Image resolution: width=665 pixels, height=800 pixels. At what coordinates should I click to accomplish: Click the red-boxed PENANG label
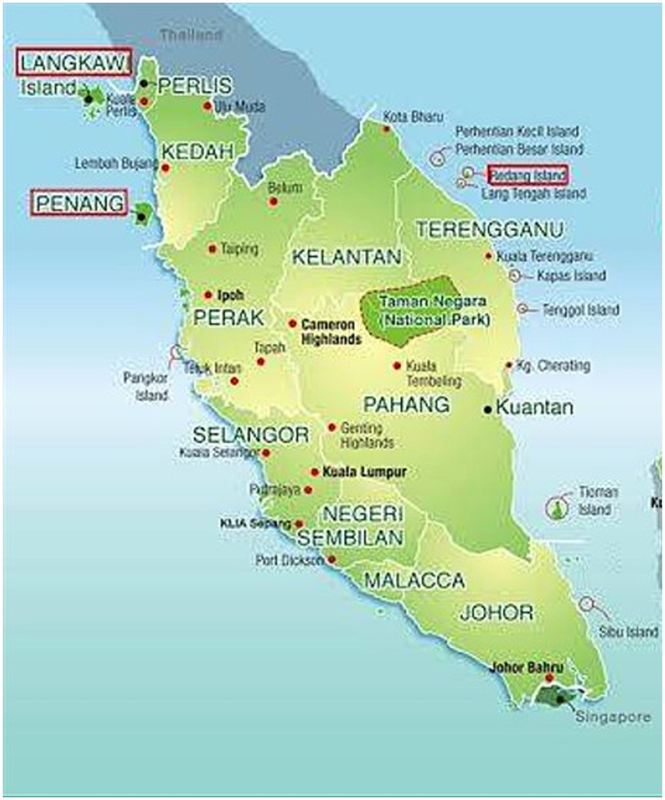[79, 203]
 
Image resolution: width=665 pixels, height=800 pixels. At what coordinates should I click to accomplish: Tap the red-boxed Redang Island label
[528, 175]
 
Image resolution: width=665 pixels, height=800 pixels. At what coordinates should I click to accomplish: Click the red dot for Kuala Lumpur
[315, 472]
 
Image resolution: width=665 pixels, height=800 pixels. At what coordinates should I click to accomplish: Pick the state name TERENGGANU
[490, 229]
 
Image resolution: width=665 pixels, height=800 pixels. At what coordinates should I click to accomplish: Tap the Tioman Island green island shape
[557, 508]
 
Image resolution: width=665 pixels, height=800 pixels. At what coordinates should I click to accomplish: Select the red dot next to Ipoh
[208, 295]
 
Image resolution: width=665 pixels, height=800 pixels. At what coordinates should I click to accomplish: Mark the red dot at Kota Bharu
[386, 130]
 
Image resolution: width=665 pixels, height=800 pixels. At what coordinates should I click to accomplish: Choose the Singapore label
[613, 717]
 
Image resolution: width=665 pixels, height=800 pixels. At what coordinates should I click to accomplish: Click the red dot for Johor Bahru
[549, 678]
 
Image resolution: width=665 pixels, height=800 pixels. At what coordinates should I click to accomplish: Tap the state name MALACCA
[415, 581]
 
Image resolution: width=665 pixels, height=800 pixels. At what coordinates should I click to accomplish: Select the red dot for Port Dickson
[331, 560]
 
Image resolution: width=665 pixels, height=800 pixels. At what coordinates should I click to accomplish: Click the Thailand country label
[191, 35]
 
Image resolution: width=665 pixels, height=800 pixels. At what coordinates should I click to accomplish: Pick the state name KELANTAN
[346, 257]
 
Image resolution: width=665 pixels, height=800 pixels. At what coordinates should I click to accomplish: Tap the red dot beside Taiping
[212, 249]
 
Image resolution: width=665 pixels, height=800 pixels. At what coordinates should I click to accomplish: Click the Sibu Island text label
[628, 632]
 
